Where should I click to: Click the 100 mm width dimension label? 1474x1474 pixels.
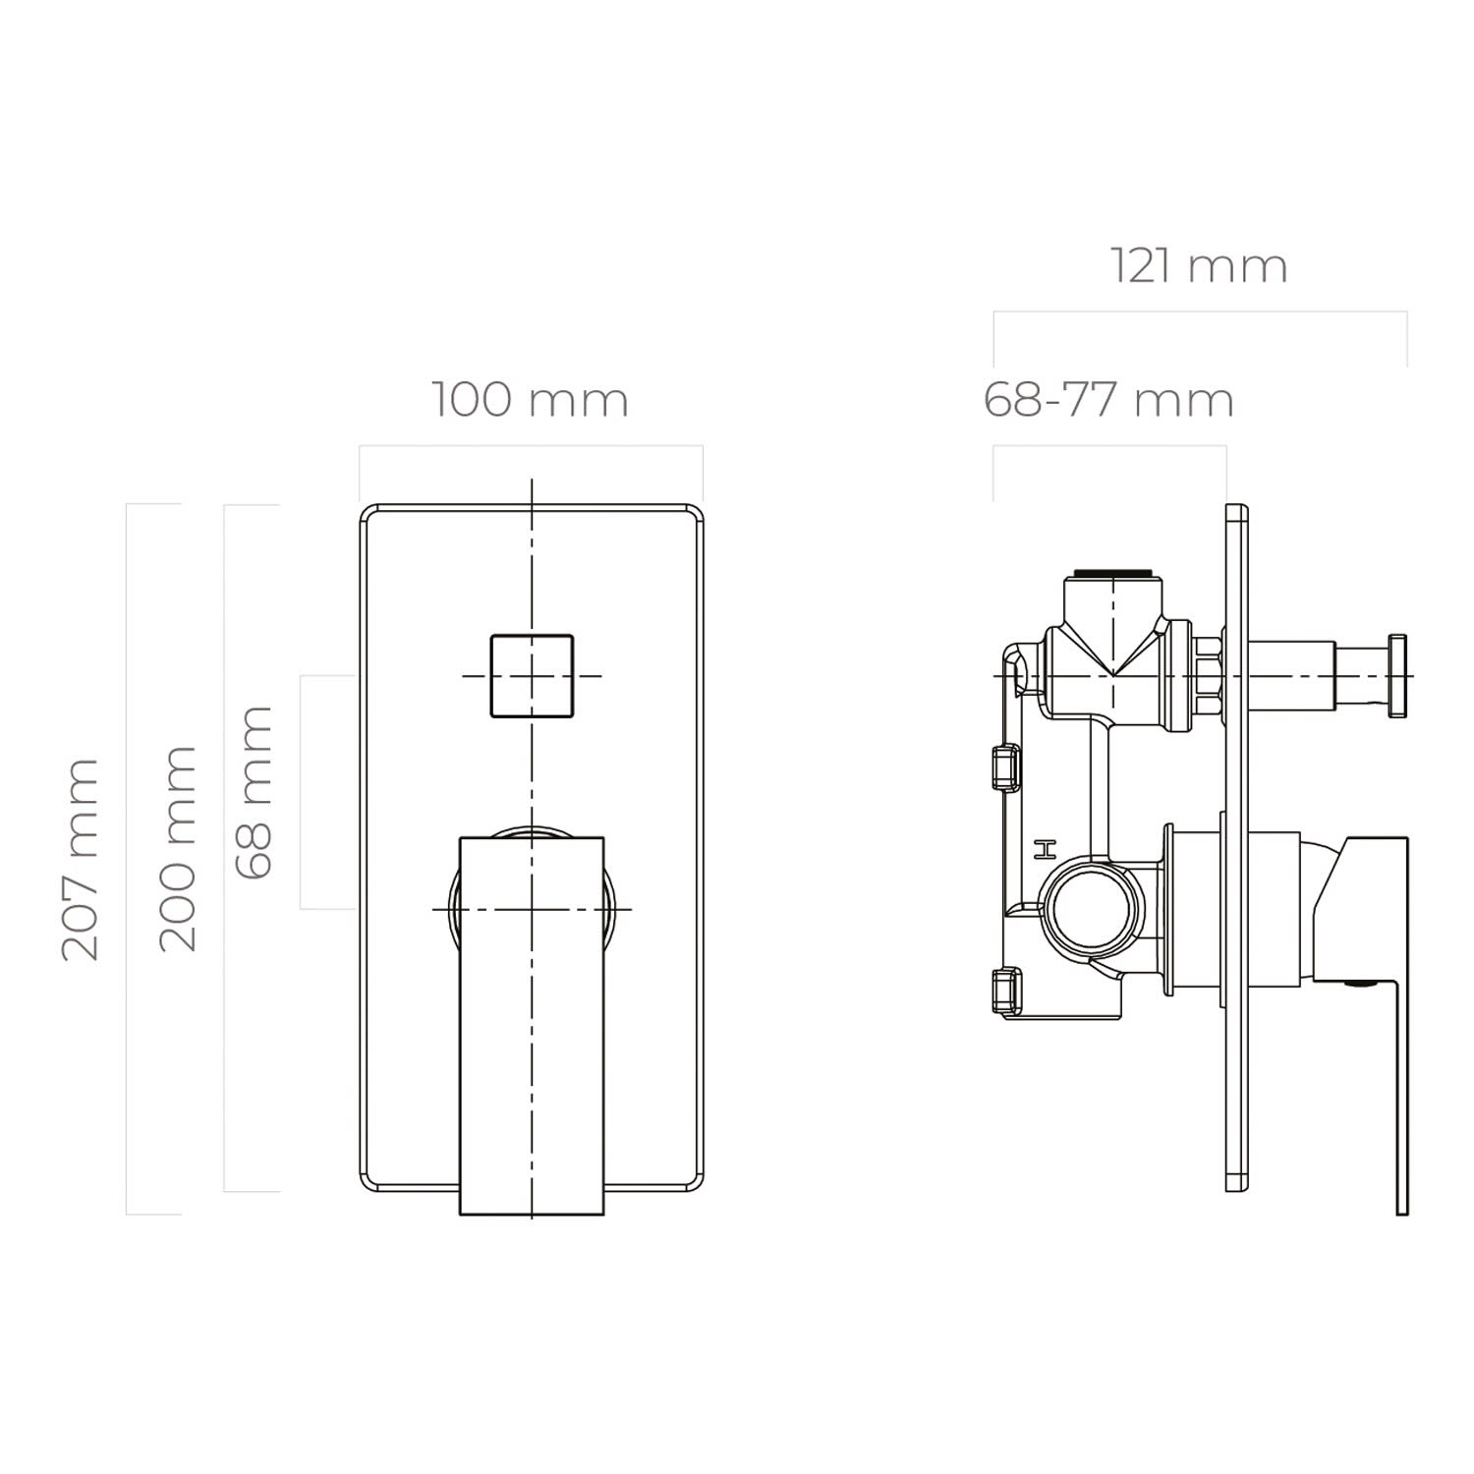pyautogui.click(x=530, y=400)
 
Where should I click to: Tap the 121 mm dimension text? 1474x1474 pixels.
pyautogui.click(x=1199, y=266)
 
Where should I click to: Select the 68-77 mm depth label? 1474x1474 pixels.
pyautogui.click(x=1108, y=400)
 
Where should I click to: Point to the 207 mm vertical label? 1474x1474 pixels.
pyautogui.click(x=81, y=860)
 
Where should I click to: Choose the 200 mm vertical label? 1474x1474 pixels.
pyautogui.click(x=178, y=849)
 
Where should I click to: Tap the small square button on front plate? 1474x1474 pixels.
pyautogui.click(x=532, y=676)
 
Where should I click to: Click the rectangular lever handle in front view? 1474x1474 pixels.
pyautogui.click(x=532, y=1026)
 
